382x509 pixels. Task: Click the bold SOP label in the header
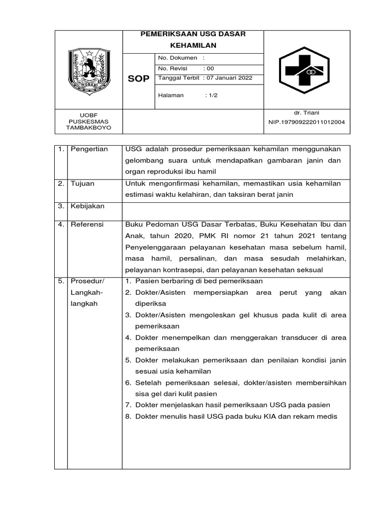click(x=138, y=80)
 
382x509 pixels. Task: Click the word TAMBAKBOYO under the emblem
click(x=89, y=128)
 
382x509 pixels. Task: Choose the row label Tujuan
click(x=82, y=183)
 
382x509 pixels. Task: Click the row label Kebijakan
click(x=87, y=206)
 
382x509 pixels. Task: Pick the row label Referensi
click(x=87, y=225)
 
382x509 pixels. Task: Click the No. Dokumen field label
click(x=178, y=58)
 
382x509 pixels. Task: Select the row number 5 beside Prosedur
click(x=60, y=281)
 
